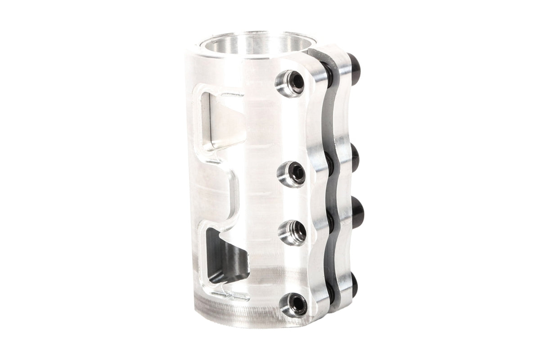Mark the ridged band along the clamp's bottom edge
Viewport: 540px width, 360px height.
(x=234, y=310)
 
